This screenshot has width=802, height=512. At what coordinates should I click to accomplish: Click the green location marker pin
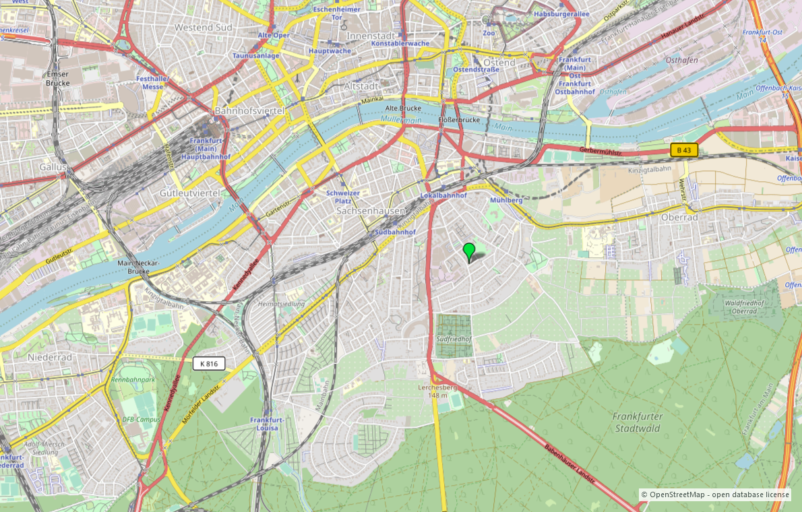(x=469, y=251)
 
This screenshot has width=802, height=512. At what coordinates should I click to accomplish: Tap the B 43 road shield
(x=684, y=150)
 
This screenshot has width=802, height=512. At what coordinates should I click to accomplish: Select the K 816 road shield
(x=209, y=364)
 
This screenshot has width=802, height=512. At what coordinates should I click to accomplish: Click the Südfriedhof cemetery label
(x=453, y=340)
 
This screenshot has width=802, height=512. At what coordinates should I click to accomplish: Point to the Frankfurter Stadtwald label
(x=638, y=422)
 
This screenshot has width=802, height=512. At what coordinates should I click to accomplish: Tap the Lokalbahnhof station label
(x=443, y=195)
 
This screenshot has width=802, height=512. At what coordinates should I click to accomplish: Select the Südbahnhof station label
(x=394, y=232)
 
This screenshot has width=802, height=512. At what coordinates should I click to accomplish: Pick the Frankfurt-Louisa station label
(x=267, y=424)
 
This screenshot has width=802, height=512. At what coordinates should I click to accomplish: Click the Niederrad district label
(x=49, y=356)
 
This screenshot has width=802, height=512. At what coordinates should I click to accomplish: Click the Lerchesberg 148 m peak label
(x=437, y=391)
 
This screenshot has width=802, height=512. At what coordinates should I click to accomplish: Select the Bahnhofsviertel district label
(x=249, y=110)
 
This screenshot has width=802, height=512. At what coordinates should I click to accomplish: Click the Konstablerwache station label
(x=400, y=43)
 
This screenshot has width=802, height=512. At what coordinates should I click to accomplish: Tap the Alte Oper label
(x=274, y=34)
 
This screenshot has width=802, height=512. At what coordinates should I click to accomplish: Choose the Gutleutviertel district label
(x=190, y=193)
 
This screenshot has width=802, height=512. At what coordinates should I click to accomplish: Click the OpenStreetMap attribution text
(x=714, y=494)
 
